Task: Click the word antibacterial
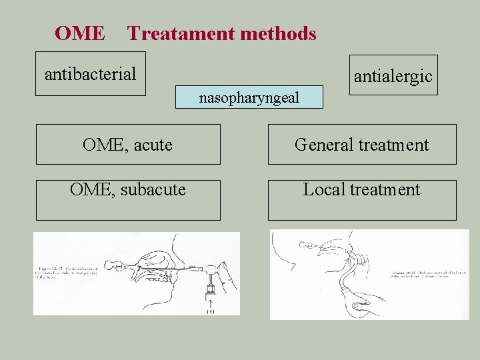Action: tap(90, 73)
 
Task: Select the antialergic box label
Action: tap(393, 77)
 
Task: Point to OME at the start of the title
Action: tap(79, 33)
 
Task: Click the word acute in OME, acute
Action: tap(153, 145)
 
